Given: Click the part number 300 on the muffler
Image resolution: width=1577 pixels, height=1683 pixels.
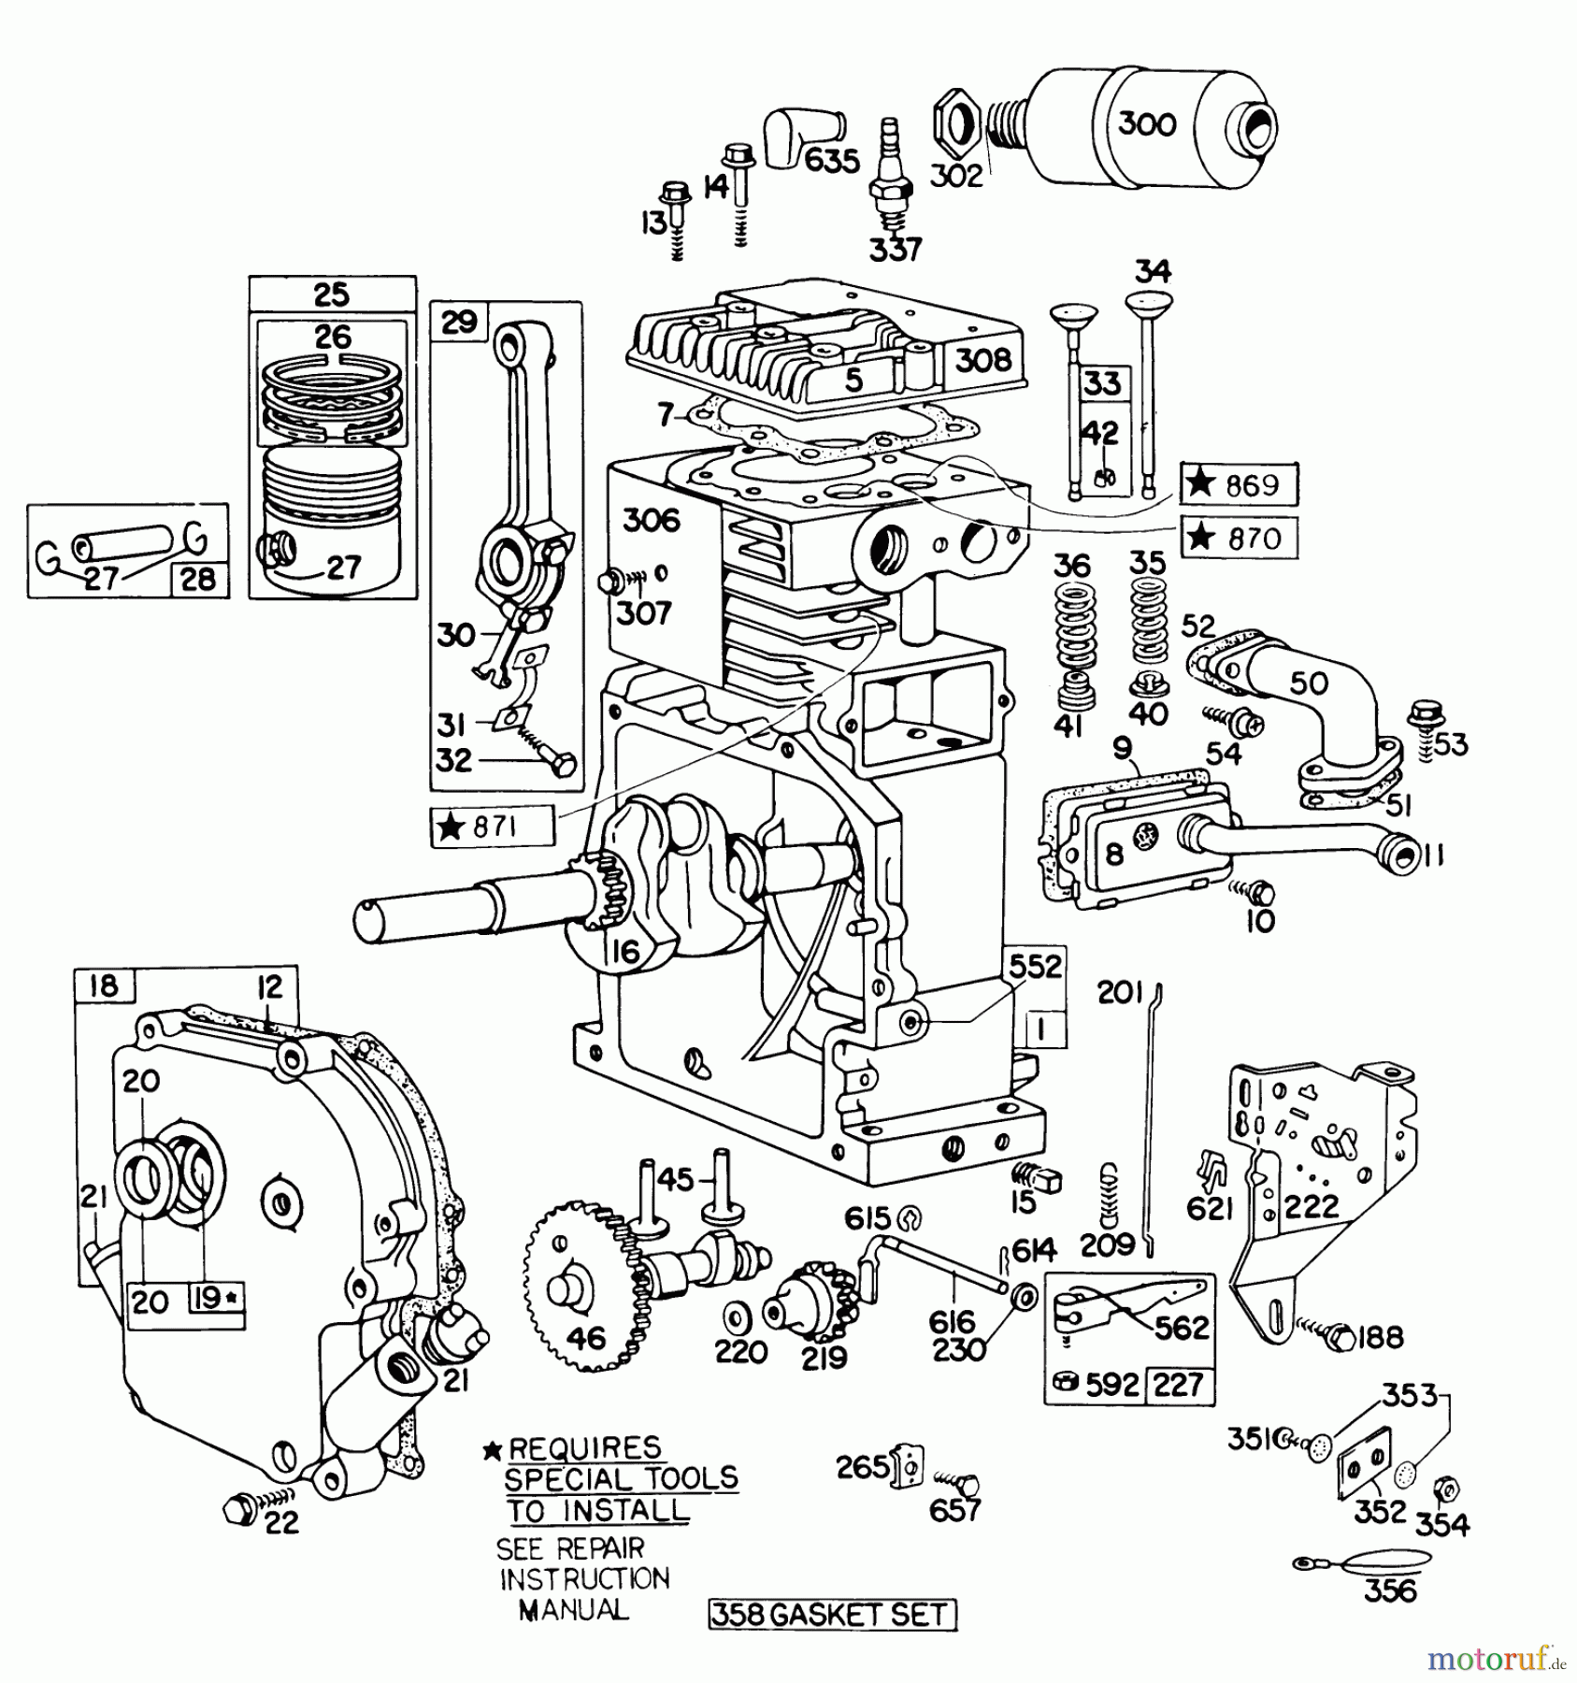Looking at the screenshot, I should pos(1147,123).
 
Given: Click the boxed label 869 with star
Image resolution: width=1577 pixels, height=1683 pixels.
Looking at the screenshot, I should pos(1239,484).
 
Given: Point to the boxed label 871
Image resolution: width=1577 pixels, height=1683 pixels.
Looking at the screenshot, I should pos(492,827).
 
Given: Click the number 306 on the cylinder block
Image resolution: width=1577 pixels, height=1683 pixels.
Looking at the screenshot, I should pos(651,520).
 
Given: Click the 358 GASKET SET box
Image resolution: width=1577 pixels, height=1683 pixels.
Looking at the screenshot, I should pos(831,1616).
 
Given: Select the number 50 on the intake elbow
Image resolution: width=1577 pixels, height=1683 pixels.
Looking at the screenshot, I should pos(1308,683).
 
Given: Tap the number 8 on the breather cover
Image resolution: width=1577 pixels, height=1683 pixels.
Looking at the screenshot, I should pos(1113,853).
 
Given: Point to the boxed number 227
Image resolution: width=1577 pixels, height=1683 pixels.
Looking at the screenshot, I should pos(1179,1384).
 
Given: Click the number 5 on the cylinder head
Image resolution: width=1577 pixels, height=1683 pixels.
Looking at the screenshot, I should pos(853,379).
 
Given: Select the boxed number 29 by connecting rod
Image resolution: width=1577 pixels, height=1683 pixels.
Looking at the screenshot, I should pos(459,324).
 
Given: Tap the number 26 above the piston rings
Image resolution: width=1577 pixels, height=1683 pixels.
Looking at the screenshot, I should pos(333,336).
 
